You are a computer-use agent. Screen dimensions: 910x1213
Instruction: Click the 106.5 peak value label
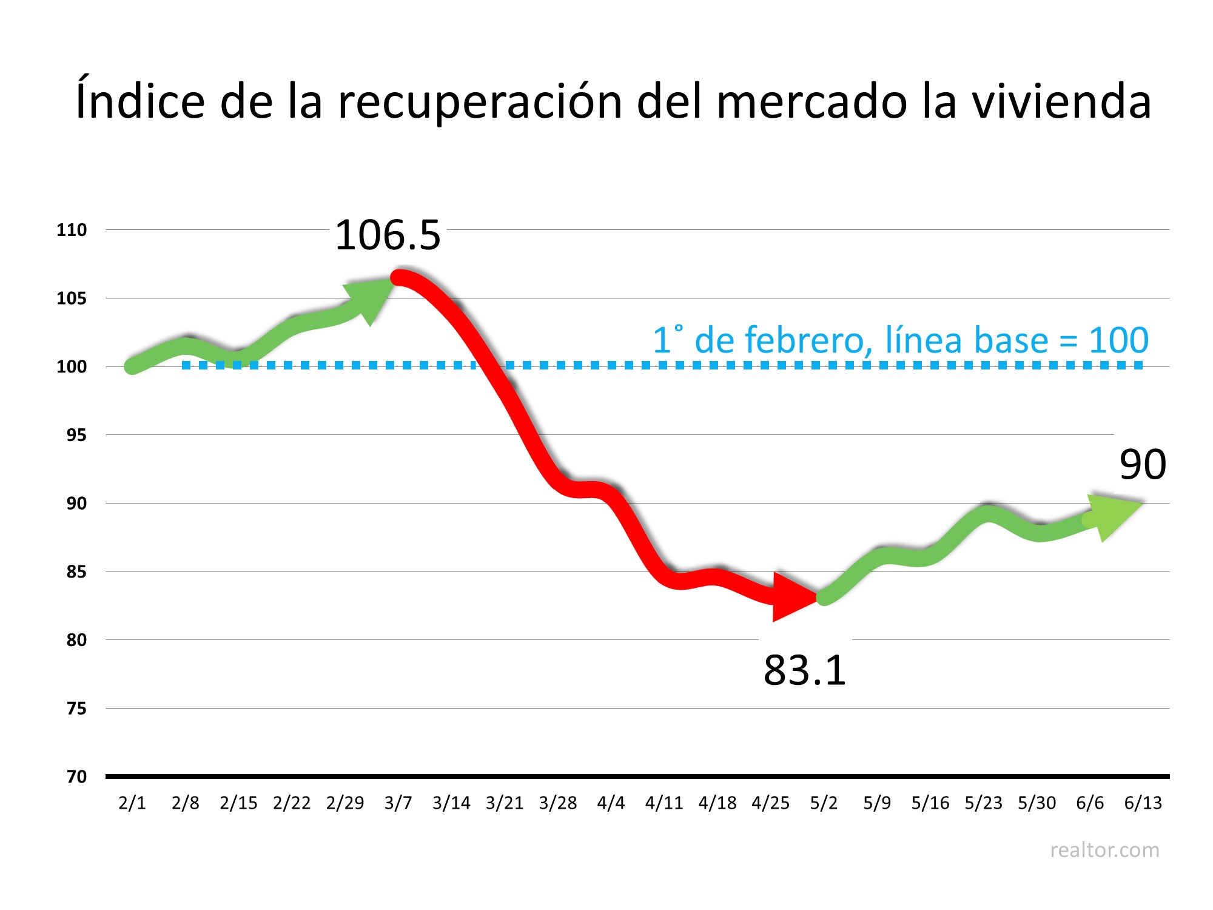tap(388, 235)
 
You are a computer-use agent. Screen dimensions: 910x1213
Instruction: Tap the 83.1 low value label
tap(804, 670)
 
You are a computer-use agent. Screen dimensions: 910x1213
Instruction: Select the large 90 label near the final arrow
tap(1143, 465)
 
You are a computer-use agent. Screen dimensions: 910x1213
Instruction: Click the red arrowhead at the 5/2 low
tap(791, 597)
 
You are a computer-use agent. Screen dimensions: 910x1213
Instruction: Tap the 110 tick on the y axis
tap(72, 231)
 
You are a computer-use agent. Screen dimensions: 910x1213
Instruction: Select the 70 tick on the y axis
tap(76, 777)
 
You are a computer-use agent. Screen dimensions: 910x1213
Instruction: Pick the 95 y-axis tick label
tap(76, 436)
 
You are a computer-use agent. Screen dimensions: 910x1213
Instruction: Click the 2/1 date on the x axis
tap(132, 803)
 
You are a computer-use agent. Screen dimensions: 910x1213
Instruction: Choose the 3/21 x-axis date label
tap(505, 803)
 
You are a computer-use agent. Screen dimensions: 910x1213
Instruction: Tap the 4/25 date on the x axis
tap(770, 803)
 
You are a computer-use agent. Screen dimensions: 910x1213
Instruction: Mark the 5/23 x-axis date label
tap(983, 803)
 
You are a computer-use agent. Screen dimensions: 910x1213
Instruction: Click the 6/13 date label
tap(1143, 803)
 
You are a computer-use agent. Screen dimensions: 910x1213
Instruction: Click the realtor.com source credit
tap(1104, 851)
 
